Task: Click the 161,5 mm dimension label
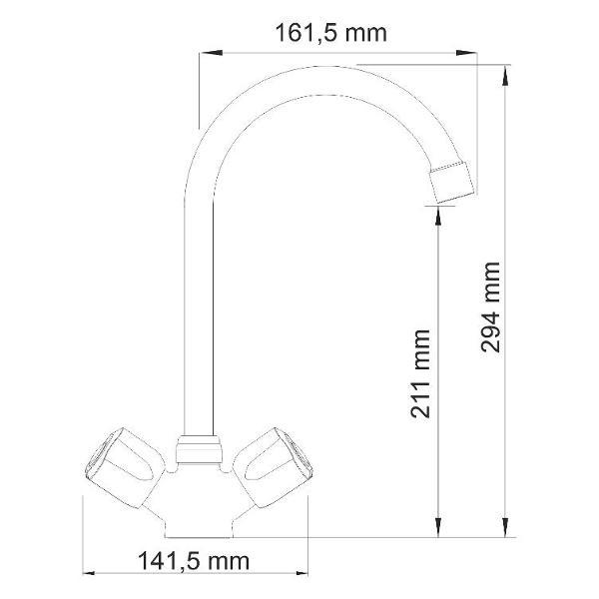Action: pyautogui.click(x=330, y=33)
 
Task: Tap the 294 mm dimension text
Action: pyautogui.click(x=490, y=307)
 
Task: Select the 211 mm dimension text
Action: pyautogui.click(x=420, y=373)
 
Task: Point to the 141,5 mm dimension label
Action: pyautogui.click(x=194, y=561)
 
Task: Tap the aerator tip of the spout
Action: pyautogui.click(x=452, y=182)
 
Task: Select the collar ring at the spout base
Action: pyautogui.click(x=199, y=449)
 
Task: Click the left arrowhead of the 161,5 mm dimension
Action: pyautogui.click(x=211, y=53)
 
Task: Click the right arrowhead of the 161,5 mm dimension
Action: pyautogui.click(x=466, y=53)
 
